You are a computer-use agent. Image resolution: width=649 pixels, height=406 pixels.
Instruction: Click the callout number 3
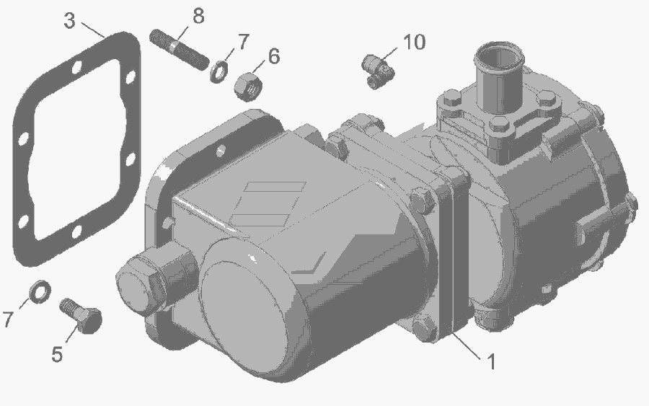[x=69, y=21]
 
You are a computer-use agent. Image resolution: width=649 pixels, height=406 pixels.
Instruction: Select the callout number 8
[x=199, y=16]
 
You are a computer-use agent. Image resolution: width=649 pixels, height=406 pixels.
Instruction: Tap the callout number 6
[x=274, y=56]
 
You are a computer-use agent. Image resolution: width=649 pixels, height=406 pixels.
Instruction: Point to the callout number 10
[x=415, y=42]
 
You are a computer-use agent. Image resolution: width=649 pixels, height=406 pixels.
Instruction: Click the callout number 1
[x=491, y=361]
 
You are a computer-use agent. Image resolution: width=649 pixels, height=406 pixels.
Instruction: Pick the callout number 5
[x=57, y=354]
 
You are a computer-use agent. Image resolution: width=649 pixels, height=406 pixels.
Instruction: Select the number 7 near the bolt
[x=8, y=319]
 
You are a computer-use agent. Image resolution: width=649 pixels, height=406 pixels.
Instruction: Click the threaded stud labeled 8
[x=179, y=50]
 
